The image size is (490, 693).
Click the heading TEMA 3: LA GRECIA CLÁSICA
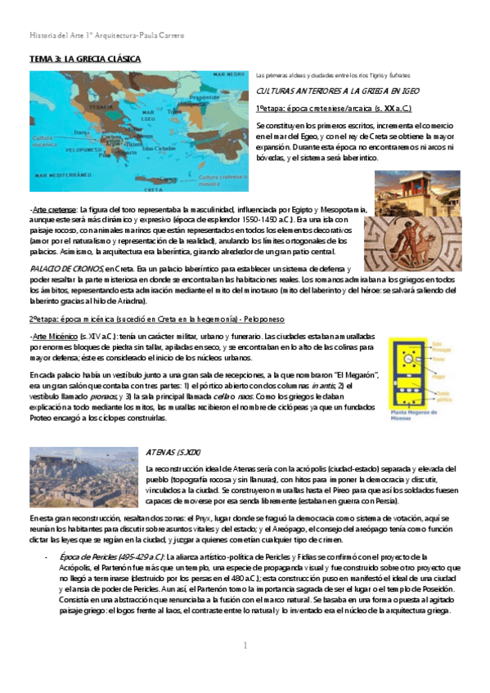pyautogui.click(x=85, y=60)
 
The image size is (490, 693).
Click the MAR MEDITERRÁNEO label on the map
pyautogui.click(x=63, y=176)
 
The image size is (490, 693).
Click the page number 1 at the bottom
pyautogui.click(x=245, y=646)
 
